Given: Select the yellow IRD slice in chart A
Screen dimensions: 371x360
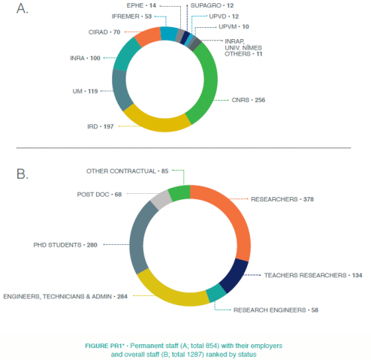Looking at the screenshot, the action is (x=156, y=123).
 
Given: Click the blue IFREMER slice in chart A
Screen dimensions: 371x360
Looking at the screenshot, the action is (x=169, y=34).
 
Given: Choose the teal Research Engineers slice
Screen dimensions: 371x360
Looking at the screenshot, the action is (x=216, y=292).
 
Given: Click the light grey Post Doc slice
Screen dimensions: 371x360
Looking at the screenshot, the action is (x=161, y=200).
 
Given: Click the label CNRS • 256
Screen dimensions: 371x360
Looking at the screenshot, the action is (x=249, y=100).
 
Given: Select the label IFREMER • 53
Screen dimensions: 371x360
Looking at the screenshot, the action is (x=131, y=17).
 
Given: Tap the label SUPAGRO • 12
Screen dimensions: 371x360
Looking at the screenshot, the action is (x=212, y=5).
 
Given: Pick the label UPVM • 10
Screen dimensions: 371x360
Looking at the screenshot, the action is (x=234, y=26).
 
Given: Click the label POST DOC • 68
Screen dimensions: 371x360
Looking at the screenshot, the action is (x=99, y=195).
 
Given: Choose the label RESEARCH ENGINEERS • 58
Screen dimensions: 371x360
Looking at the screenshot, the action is (x=276, y=310).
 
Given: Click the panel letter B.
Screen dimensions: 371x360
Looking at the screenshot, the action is (x=22, y=174).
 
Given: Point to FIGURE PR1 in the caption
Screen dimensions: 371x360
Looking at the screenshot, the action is (x=105, y=346).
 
